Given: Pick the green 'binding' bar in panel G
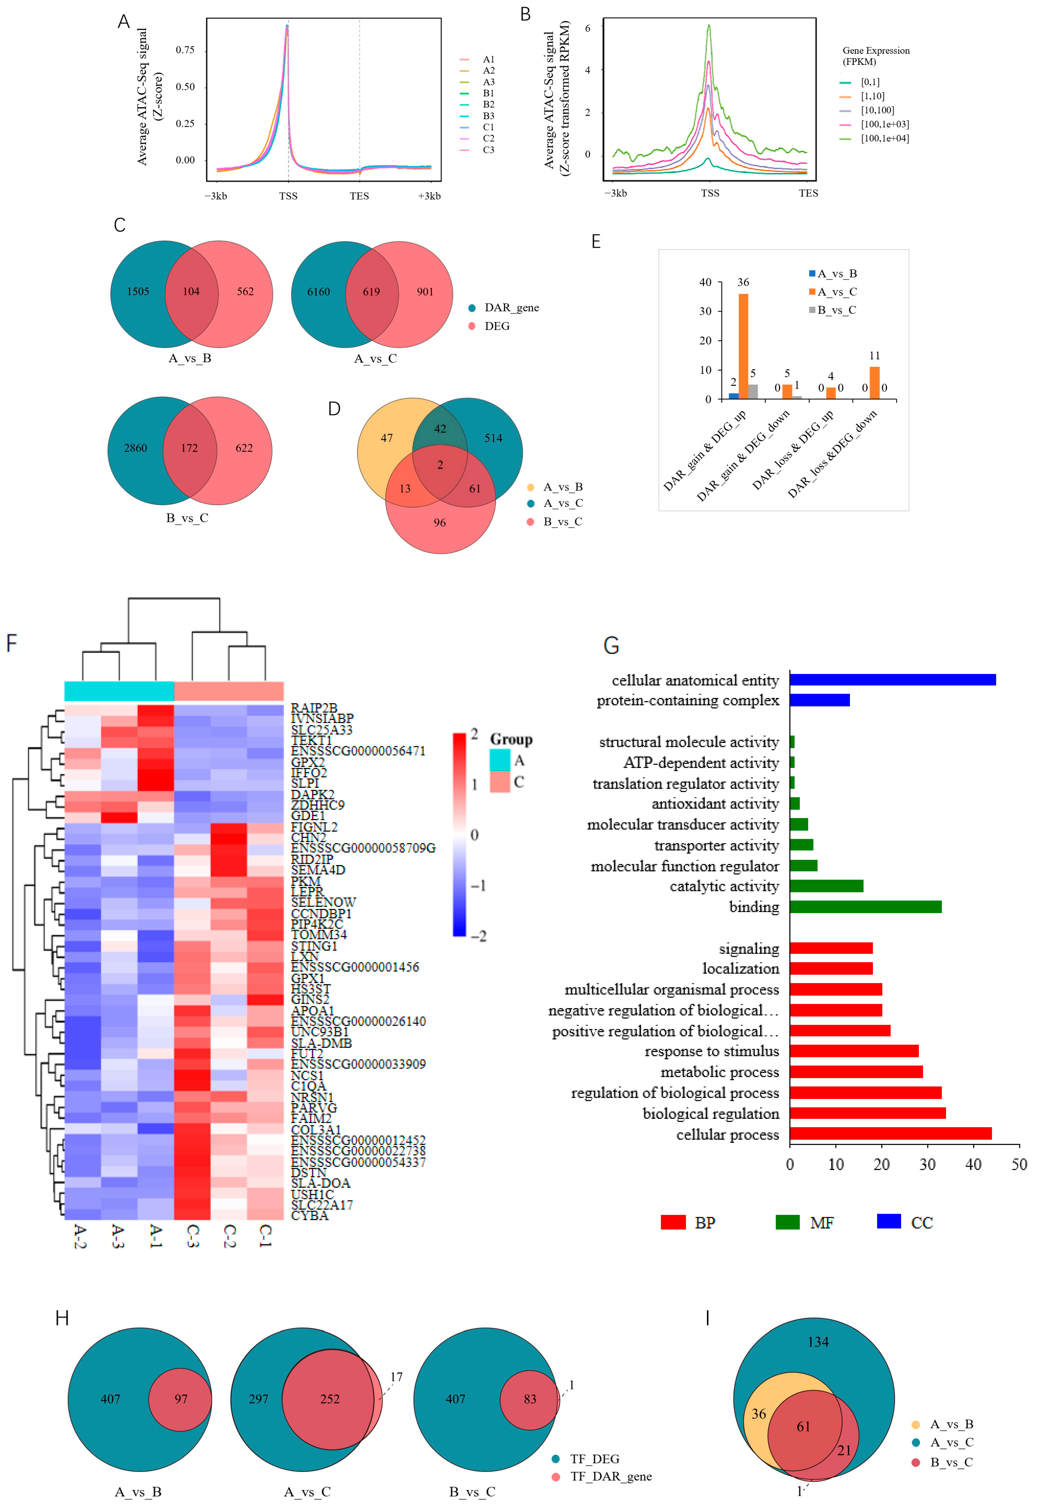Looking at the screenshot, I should (865, 906).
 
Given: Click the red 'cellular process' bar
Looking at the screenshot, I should (890, 1133).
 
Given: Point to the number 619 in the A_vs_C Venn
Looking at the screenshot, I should (371, 292).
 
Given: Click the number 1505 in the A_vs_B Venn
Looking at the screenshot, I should (138, 292).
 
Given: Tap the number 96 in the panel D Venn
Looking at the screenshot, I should (439, 522).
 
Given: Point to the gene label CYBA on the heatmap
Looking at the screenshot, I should (309, 1215).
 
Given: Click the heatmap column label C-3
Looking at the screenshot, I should (192, 1236).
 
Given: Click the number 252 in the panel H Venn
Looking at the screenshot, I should (330, 1399).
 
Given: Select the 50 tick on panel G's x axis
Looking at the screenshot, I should (1018, 1164).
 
